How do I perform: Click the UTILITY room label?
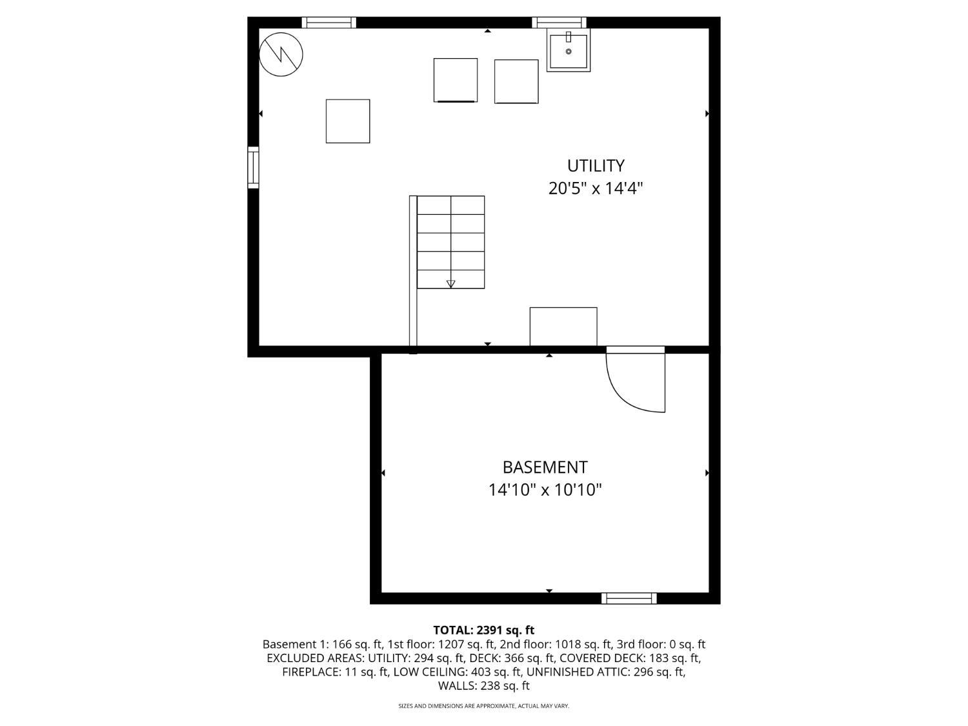pos(596,166)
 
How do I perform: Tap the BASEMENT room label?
pos(545,467)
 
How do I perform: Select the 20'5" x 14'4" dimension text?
pos(596,188)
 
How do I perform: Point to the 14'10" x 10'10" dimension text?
pos(545,490)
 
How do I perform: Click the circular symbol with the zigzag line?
pos(281,55)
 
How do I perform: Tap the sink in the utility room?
pos(569,50)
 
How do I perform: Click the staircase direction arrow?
pos(450,284)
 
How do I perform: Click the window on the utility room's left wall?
pos(253,168)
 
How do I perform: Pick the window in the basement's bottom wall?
pos(629,598)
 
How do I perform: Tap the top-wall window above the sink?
pos(560,23)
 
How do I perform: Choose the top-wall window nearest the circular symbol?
pos(329,23)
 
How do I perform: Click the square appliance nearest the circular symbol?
pos(348,121)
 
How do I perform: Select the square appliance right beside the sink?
pos(516,81)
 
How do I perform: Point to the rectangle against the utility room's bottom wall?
pos(563,327)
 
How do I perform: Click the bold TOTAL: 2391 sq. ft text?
pos(484,630)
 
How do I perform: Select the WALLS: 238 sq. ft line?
pos(484,686)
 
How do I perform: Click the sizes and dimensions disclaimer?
pos(484,706)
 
